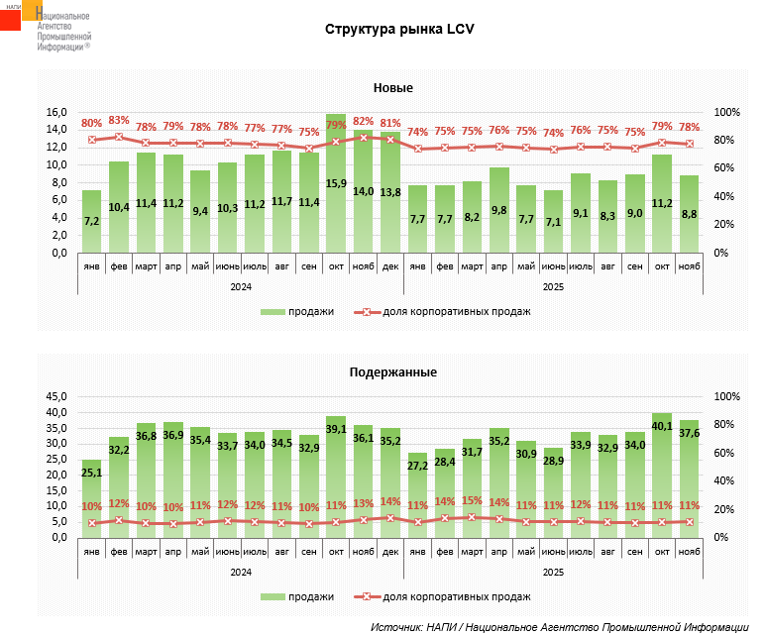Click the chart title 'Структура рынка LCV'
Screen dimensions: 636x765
[400, 29]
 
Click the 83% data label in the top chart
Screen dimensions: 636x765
[119, 121]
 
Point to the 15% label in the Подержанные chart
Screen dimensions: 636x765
[472, 501]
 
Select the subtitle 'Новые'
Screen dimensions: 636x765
[393, 89]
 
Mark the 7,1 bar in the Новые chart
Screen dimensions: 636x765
[553, 222]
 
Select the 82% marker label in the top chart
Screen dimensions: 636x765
[363, 122]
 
